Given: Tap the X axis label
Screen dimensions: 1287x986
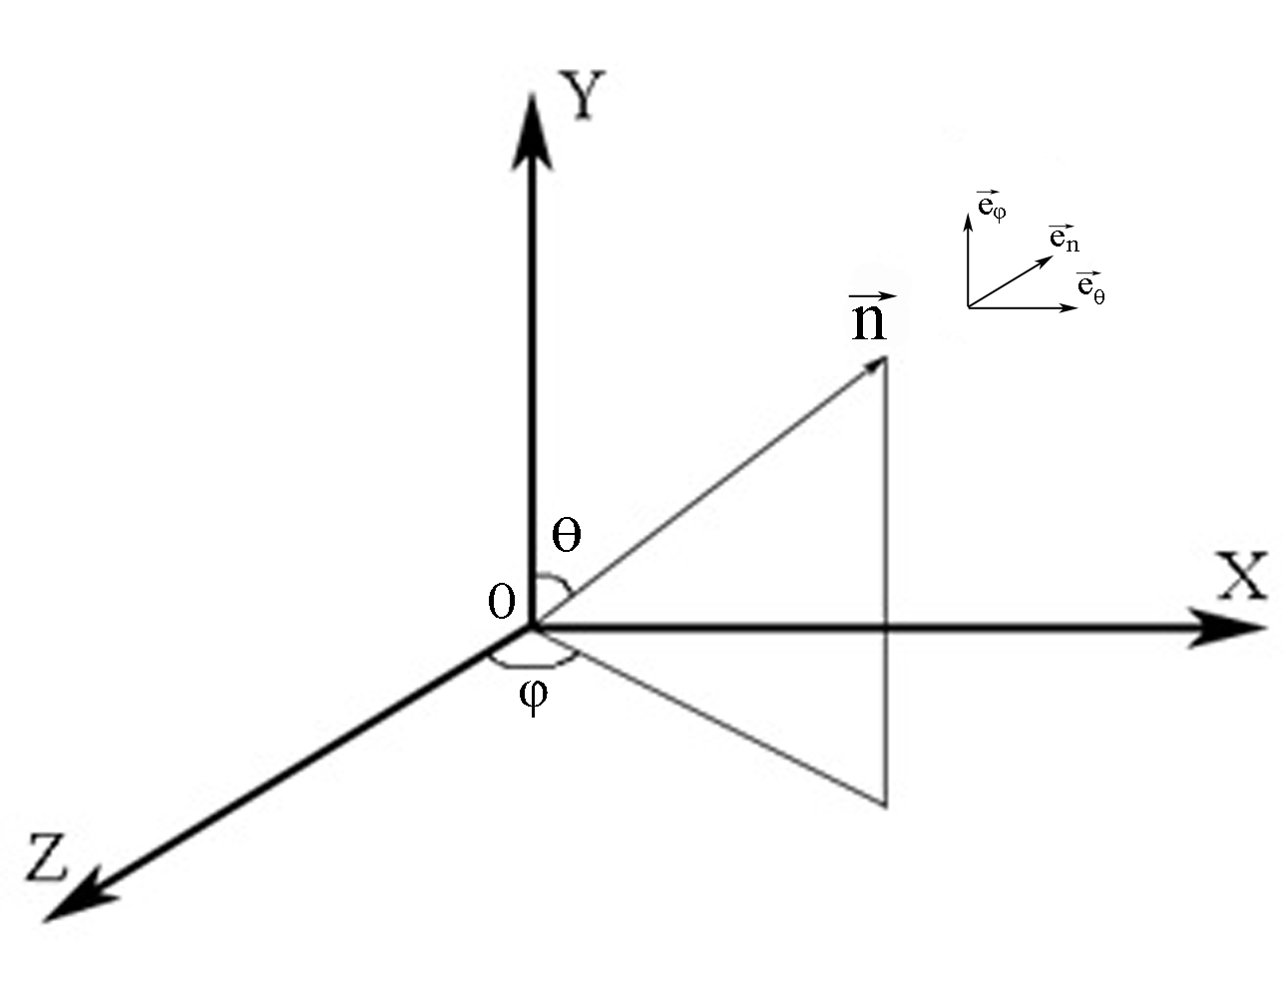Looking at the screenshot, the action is (1240, 576).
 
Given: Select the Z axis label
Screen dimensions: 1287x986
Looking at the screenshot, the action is (46, 856).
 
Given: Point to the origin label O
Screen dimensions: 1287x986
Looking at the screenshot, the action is (501, 601).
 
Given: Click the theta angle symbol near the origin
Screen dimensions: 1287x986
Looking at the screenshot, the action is (566, 537).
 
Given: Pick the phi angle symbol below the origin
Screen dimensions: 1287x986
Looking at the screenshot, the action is (534, 695).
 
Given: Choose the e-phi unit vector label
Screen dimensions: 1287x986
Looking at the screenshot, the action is (991, 207).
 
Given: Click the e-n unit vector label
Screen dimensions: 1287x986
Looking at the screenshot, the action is (1064, 240).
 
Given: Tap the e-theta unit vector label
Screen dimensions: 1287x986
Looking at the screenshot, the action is (1090, 288).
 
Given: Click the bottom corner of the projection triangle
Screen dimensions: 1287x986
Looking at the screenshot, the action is (885, 803).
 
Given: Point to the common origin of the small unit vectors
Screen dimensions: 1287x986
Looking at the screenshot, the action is (968, 307).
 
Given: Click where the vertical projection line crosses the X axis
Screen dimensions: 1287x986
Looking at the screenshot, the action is (885, 629).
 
